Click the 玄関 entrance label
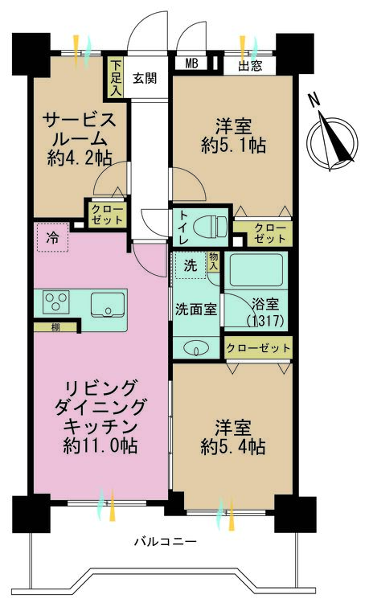(145, 77)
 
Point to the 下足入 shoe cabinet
(117, 76)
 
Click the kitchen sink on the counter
(107, 304)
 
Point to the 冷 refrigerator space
(52, 238)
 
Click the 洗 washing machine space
(190, 265)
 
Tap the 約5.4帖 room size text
(232, 447)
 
